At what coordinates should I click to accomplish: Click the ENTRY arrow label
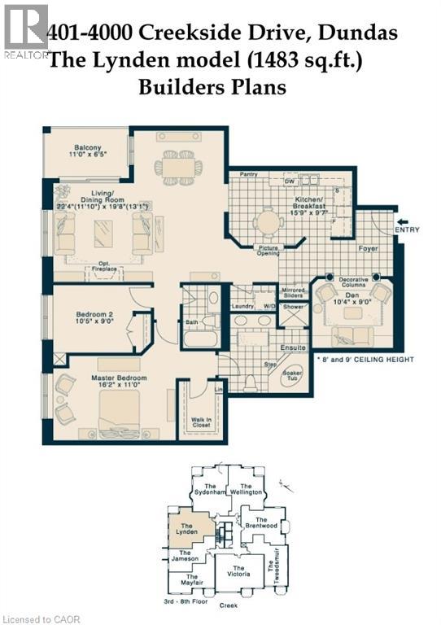coord(407,229)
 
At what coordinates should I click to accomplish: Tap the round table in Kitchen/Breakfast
coord(267,221)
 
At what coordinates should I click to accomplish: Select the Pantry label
coord(248,173)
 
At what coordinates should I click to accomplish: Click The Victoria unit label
coord(239,572)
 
